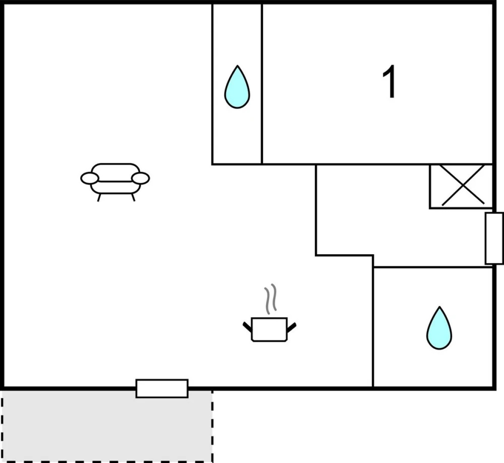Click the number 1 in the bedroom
point(390,82)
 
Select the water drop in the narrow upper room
point(237,87)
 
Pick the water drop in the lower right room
point(439,328)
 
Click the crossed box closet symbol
point(461,186)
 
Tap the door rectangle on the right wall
point(494,238)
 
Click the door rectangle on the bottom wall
point(162,388)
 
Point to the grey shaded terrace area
point(107,426)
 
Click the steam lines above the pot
point(270,299)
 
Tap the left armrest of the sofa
point(89,178)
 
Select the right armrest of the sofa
point(141,178)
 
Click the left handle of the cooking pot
point(247,327)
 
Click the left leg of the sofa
point(99,197)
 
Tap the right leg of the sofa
point(133,197)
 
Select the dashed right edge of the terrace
point(212,426)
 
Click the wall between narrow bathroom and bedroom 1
point(262,84)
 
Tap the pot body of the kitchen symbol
point(269,329)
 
